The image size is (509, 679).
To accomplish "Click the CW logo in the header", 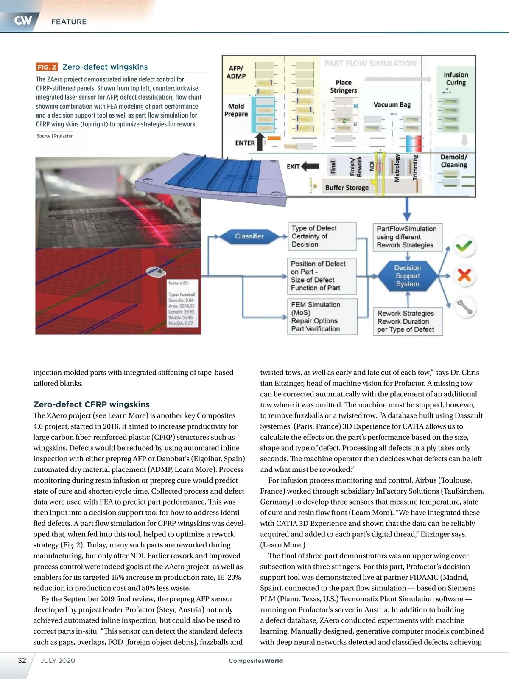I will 23,20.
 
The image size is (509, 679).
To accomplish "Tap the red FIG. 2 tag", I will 46,67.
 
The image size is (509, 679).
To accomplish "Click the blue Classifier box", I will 249,236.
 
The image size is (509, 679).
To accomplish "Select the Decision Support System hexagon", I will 407,276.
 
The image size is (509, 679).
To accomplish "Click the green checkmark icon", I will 464,246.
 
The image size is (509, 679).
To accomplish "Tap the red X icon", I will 464,275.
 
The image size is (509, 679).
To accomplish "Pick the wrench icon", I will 465,306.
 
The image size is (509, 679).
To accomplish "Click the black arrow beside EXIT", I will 310,166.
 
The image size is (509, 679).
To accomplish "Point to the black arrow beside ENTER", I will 260,142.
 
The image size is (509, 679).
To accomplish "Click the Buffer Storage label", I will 347,188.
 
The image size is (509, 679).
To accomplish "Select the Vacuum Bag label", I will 392,104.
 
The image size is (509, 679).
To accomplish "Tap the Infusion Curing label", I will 456,79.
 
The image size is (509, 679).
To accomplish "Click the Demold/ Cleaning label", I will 453,161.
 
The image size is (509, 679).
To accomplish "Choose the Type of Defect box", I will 322,236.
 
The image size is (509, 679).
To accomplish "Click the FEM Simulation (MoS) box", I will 322,317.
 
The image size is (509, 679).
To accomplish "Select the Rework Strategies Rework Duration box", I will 407,321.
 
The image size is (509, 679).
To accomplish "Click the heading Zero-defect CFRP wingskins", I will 91,404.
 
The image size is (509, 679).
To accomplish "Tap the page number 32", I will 22,660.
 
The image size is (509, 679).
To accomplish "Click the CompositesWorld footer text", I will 256,661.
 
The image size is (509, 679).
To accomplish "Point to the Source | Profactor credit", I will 55,136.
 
